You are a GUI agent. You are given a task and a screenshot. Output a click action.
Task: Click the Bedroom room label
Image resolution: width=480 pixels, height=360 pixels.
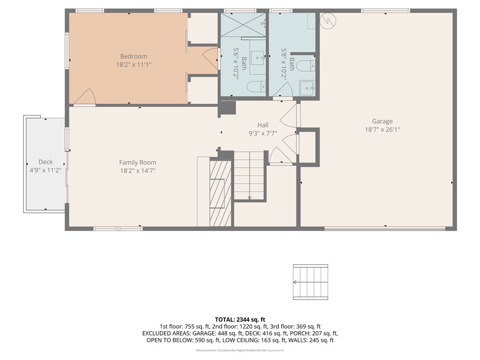(134, 56)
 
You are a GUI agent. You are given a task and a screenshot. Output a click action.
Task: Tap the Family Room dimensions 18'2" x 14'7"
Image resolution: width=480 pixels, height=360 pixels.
(137, 171)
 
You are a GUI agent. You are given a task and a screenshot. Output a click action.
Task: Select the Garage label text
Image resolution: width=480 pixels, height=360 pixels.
(382, 121)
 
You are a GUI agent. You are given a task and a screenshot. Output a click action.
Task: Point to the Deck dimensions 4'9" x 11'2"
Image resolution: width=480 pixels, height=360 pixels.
(45, 170)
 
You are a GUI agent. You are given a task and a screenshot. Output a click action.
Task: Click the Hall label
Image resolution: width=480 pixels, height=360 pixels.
(262, 125)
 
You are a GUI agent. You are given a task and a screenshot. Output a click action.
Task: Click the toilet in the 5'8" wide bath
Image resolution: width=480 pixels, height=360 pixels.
(307, 65)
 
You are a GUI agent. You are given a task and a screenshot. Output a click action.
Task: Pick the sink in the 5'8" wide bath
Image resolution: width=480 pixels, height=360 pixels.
(307, 88)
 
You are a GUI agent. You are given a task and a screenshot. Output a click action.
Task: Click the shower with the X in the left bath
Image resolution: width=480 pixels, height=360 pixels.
(243, 24)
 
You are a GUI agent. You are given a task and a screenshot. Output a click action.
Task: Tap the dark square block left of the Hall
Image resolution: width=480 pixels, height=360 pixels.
(228, 108)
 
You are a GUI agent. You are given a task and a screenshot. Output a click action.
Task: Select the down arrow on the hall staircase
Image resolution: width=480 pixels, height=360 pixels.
(249, 197)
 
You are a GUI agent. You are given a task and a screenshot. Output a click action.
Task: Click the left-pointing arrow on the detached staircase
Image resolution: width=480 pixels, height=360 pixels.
(295, 282)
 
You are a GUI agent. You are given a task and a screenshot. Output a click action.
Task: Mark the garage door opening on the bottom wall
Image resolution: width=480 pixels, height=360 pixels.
(384, 229)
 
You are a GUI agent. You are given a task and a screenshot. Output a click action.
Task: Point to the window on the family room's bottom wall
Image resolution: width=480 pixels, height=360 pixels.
(118, 229)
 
